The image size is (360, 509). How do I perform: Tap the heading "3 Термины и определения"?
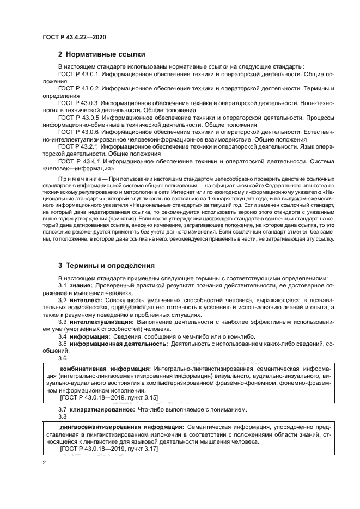coord(107,265)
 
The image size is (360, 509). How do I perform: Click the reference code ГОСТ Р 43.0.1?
coord(77,73)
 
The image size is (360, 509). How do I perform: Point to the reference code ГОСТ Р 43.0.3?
coord(77,102)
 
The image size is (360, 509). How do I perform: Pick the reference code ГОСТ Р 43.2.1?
coord(77,146)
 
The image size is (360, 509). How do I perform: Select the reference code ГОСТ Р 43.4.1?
coord(77,161)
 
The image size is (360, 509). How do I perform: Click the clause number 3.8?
coord(62,416)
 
